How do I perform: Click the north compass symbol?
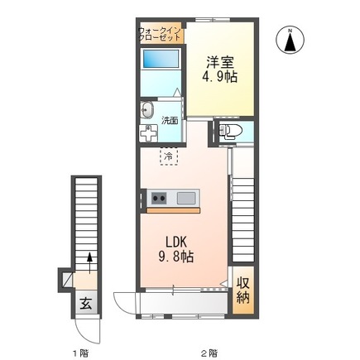pyautogui.click(x=290, y=40)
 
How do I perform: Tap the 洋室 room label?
pyautogui.click(x=220, y=62)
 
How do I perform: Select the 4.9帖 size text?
pyautogui.click(x=220, y=77)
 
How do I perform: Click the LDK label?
pyautogui.click(x=176, y=242)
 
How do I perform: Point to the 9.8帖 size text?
pyautogui.click(x=175, y=257)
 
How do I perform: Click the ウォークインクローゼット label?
pyautogui.click(x=160, y=34)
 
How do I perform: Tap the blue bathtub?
pyautogui.click(x=161, y=58)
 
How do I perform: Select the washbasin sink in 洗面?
pyautogui.click(x=146, y=110)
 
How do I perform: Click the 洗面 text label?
pyautogui.click(x=170, y=121)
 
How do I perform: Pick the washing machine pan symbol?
pyautogui.click(x=148, y=133)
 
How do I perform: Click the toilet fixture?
pyautogui.click(x=230, y=131)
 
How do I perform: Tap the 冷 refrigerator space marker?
pyautogui.click(x=169, y=156)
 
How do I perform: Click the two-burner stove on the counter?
pyautogui.click(x=159, y=198)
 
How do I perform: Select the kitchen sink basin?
pyautogui.click(x=186, y=198)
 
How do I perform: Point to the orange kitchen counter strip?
pyautogui.click(x=173, y=211)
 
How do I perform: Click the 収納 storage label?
pyautogui.click(x=243, y=290)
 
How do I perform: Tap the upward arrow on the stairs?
pyautogui.click(x=89, y=263)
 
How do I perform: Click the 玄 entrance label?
pyautogui.click(x=86, y=304)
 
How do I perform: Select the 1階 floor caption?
pyautogui.click(x=81, y=353)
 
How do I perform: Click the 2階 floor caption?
pyautogui.click(x=209, y=353)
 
